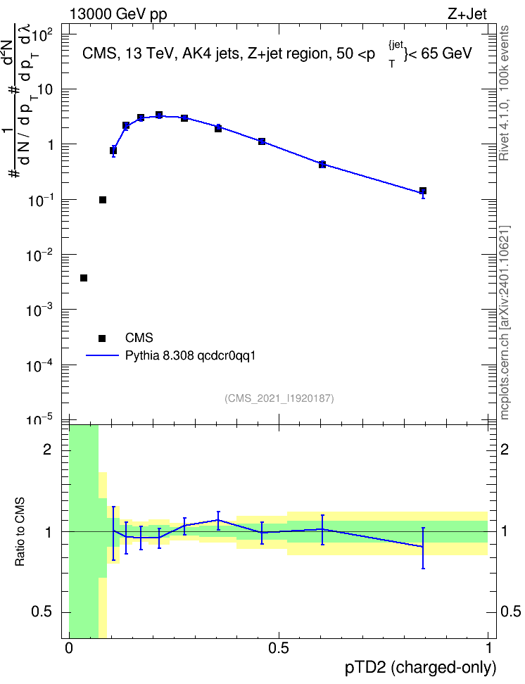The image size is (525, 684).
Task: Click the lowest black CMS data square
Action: (84, 278)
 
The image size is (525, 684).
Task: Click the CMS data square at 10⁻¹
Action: (103, 200)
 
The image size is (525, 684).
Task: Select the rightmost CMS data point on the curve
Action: (422, 191)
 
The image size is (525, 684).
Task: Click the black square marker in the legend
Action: (102, 338)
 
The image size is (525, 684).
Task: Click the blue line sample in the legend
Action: (102, 356)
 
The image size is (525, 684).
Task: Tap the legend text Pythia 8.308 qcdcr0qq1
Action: (190, 356)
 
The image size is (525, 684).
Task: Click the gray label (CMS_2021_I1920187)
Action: (279, 398)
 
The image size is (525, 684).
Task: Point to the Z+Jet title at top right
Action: (467, 14)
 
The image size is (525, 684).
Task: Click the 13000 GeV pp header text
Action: (118, 14)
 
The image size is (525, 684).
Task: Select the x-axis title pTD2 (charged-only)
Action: (421, 667)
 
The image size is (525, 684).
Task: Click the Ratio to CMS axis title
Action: (20, 532)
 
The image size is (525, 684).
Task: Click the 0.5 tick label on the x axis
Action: (279, 648)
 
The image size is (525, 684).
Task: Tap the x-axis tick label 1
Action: (488, 648)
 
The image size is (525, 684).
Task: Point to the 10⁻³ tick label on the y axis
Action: (39, 310)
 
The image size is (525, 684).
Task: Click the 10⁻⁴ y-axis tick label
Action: (39, 365)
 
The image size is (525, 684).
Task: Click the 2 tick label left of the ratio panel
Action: (47, 449)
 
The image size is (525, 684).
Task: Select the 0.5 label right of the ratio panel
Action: (510, 612)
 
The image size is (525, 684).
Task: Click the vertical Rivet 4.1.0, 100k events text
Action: (504, 93)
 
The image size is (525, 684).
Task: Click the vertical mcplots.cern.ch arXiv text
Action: (504, 322)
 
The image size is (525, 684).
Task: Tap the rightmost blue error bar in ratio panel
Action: (423, 548)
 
